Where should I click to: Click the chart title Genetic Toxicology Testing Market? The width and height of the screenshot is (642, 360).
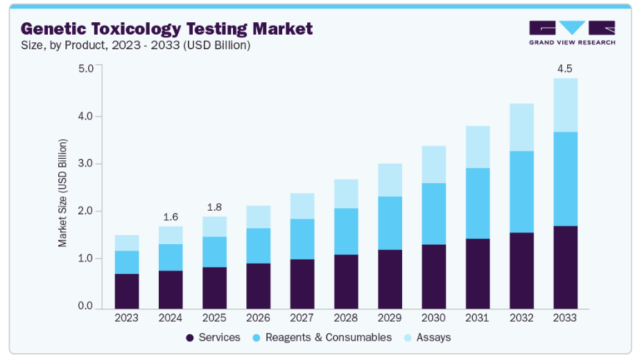pyautogui.click(x=166, y=28)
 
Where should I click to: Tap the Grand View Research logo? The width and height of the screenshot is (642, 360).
pyautogui.click(x=571, y=32)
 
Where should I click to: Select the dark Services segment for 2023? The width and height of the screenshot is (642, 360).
pyautogui.click(x=127, y=291)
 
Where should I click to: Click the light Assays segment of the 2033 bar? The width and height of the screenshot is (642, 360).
pyautogui.click(x=565, y=105)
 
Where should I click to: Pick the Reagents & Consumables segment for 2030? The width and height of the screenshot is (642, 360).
pyautogui.click(x=434, y=214)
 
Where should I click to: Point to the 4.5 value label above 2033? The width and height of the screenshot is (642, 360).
pyautogui.click(x=565, y=69)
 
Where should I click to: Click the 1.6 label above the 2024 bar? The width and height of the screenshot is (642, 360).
pyautogui.click(x=171, y=217)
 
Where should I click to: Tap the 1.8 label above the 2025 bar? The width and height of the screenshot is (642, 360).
pyautogui.click(x=214, y=207)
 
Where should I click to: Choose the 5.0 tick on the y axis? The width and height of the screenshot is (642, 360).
pyautogui.click(x=86, y=69)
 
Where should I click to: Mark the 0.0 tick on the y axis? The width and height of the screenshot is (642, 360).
pyautogui.click(x=86, y=307)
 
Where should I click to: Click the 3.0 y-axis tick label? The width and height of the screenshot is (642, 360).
pyautogui.click(x=86, y=164)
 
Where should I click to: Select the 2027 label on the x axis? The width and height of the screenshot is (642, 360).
pyautogui.click(x=302, y=318)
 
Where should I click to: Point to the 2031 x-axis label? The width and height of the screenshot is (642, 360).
pyautogui.click(x=478, y=318)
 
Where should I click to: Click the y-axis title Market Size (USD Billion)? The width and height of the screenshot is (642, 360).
pyautogui.click(x=63, y=193)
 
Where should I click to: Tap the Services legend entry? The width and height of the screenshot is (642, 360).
pyautogui.click(x=212, y=338)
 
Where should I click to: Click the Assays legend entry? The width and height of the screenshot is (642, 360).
pyautogui.click(x=427, y=338)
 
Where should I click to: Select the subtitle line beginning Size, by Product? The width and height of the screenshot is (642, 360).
pyautogui.click(x=136, y=45)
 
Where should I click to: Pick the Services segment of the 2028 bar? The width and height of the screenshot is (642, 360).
pyautogui.click(x=346, y=281)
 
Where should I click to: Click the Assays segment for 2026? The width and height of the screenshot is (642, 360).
pyautogui.click(x=258, y=216)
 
